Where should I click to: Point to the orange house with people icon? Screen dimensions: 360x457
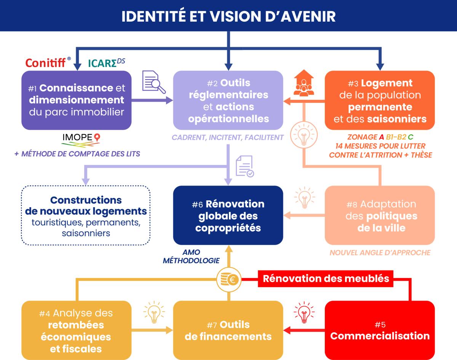[x=304, y=85]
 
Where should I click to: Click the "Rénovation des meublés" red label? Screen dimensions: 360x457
[x=326, y=278]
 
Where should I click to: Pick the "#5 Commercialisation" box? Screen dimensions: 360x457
[x=380, y=330]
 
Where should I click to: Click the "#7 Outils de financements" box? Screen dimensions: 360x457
[x=228, y=330]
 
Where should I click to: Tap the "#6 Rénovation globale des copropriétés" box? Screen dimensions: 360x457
[x=228, y=216]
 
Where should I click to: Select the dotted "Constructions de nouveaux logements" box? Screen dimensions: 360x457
[x=86, y=216]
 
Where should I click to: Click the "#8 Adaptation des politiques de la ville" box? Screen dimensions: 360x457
[x=380, y=216]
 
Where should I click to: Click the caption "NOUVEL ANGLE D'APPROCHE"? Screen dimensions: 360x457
[x=380, y=253]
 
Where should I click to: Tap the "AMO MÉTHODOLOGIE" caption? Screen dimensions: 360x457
[x=191, y=257]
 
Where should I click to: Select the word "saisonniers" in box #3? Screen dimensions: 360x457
[x=397, y=119]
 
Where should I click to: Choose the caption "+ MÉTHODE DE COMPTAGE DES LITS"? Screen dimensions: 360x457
[x=76, y=154]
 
